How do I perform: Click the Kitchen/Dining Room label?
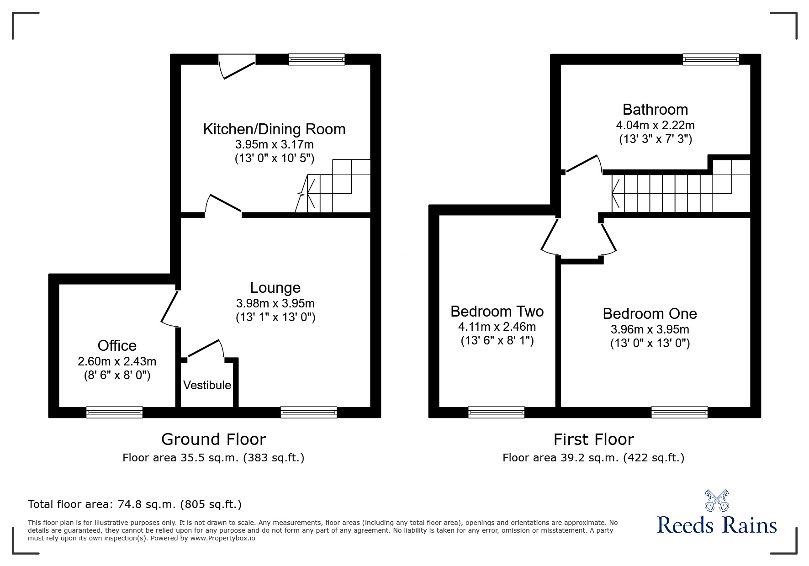click(274, 129)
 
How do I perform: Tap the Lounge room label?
click(275, 288)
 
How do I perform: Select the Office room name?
click(117, 346)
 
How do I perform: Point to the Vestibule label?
click(207, 385)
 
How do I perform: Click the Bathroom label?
click(655, 110)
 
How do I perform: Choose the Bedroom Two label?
click(497, 312)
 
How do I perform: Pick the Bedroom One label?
click(650, 314)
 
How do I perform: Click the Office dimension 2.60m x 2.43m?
click(117, 362)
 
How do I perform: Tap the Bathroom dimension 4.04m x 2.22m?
click(655, 125)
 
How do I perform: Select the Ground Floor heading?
click(213, 439)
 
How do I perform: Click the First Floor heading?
click(593, 439)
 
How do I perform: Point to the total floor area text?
click(135, 504)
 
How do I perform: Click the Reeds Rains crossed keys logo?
click(717, 501)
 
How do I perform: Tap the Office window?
click(115, 413)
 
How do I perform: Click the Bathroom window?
click(711, 59)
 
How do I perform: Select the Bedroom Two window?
click(496, 413)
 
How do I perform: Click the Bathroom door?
click(582, 165)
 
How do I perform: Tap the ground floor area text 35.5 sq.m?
click(213, 458)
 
